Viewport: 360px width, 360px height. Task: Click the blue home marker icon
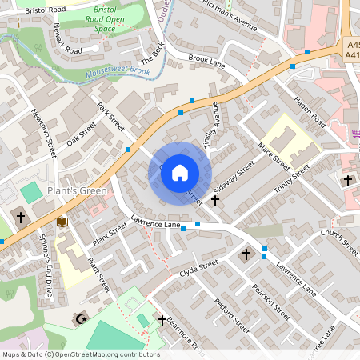[x=180, y=171]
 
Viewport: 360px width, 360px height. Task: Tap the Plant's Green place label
[x=77, y=190]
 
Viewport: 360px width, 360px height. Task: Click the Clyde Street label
[x=199, y=269]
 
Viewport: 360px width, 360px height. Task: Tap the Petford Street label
[x=232, y=314]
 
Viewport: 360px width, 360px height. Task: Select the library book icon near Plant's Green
[x=62, y=221]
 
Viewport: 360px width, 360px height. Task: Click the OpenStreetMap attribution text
[x=80, y=354]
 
